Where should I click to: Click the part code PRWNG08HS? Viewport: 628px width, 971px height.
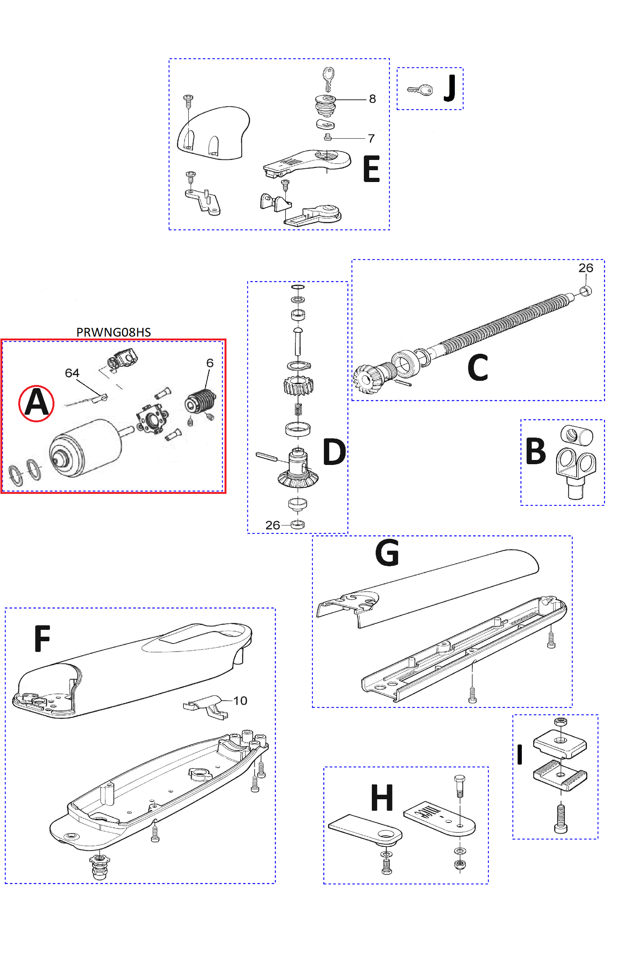pyautogui.click(x=113, y=332)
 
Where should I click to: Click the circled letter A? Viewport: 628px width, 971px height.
pyautogui.click(x=36, y=403)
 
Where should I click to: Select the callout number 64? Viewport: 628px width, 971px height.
pyautogui.click(x=72, y=373)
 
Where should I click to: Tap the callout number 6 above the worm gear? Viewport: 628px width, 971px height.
pyautogui.click(x=210, y=363)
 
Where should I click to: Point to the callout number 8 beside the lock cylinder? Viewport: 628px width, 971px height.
pyautogui.click(x=372, y=99)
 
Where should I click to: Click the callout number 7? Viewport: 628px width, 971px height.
pyautogui.click(x=371, y=139)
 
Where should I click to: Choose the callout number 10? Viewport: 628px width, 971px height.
pyautogui.click(x=240, y=701)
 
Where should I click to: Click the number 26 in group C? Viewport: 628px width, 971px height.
pyautogui.click(x=586, y=268)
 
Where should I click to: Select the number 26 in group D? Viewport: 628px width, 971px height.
pyautogui.click(x=273, y=525)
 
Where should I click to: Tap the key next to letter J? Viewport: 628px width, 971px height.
pyautogui.click(x=420, y=90)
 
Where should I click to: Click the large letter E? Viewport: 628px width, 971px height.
pyautogui.click(x=371, y=169)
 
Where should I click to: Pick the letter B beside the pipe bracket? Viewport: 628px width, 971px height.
pyautogui.click(x=536, y=451)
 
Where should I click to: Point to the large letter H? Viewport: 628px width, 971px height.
pyautogui.click(x=382, y=798)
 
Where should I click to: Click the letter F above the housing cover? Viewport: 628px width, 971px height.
pyautogui.click(x=42, y=639)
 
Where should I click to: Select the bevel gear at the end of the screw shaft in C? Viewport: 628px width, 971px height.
pyautogui.click(x=366, y=378)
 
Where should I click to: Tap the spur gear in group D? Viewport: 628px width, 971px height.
pyautogui.click(x=298, y=385)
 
